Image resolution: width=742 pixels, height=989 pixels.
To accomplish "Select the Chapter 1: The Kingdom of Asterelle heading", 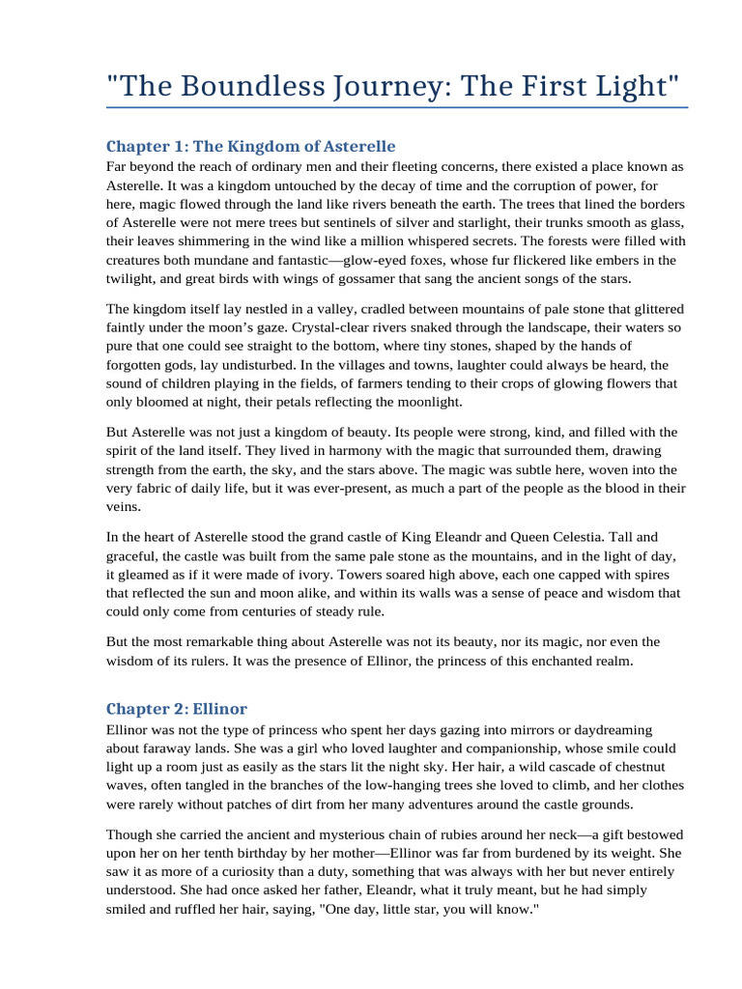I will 250,147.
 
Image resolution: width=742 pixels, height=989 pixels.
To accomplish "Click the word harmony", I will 254,451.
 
